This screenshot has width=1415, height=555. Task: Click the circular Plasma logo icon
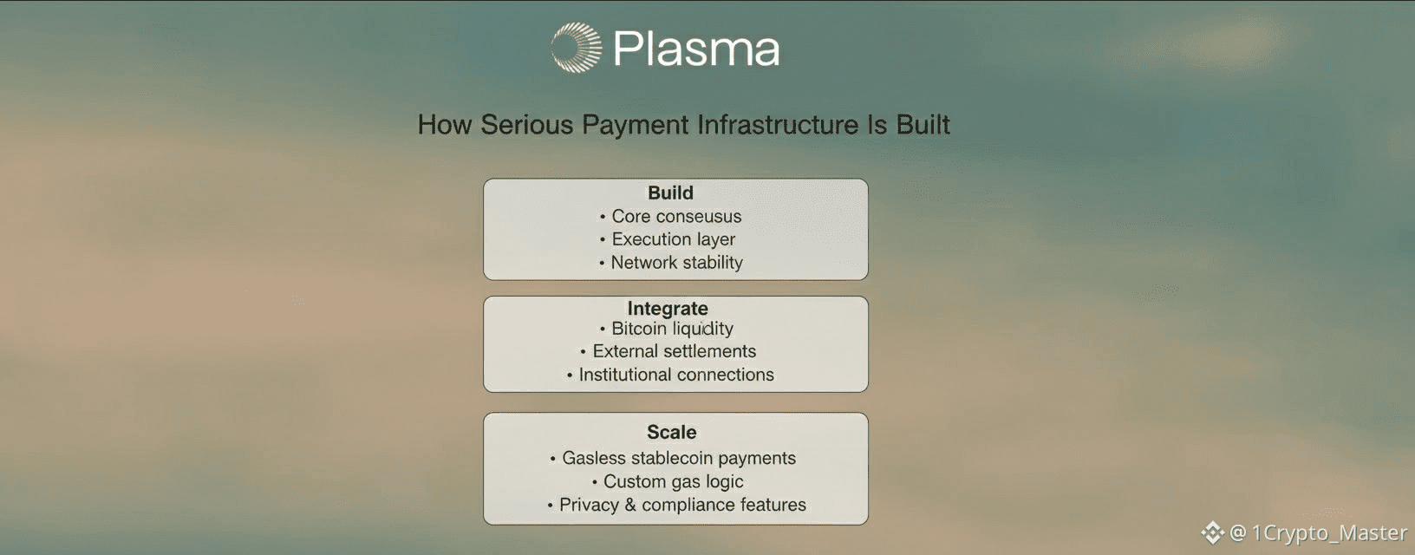(576, 48)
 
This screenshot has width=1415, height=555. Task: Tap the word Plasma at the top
(696, 49)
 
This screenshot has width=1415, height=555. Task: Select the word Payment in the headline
(635, 126)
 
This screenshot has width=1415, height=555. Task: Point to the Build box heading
(670, 193)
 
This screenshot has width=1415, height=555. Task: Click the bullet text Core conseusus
(676, 216)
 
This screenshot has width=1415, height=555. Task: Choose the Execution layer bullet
(674, 239)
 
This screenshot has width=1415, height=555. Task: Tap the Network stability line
(676, 263)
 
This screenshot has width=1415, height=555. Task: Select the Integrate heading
(667, 309)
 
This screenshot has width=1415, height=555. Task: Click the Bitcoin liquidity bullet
(672, 329)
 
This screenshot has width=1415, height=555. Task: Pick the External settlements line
(674, 351)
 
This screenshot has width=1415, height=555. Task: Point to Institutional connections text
(676, 375)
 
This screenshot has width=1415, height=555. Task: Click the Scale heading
(671, 432)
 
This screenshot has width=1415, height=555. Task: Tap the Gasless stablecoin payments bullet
(678, 458)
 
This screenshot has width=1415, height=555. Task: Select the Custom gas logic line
(673, 481)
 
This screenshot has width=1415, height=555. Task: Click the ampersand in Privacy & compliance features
(629, 505)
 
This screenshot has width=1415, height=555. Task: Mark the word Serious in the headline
(527, 125)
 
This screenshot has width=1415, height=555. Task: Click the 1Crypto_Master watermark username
(1329, 533)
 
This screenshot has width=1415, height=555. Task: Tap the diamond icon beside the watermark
(1212, 532)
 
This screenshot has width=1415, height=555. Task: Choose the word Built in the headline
(923, 125)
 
